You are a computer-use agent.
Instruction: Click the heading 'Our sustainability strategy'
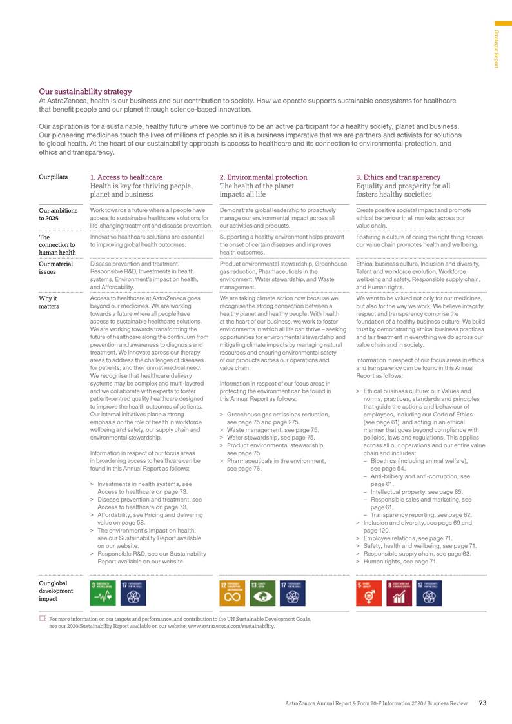(x=85, y=92)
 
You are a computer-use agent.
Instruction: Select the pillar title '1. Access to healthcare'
(x=126, y=177)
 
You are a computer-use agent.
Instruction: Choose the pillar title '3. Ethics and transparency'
(x=398, y=177)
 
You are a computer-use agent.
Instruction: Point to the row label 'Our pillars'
(x=55, y=177)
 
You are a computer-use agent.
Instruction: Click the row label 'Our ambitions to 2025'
(x=59, y=214)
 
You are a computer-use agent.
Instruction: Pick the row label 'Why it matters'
(x=49, y=302)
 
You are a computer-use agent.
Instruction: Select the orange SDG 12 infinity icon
(x=231, y=593)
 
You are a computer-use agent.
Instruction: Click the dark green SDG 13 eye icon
(x=261, y=593)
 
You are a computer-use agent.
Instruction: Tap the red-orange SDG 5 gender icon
(x=368, y=593)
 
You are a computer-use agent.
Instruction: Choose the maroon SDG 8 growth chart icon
(x=397, y=593)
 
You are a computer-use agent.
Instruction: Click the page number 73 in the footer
(x=482, y=703)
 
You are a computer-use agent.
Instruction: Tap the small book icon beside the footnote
(x=43, y=618)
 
